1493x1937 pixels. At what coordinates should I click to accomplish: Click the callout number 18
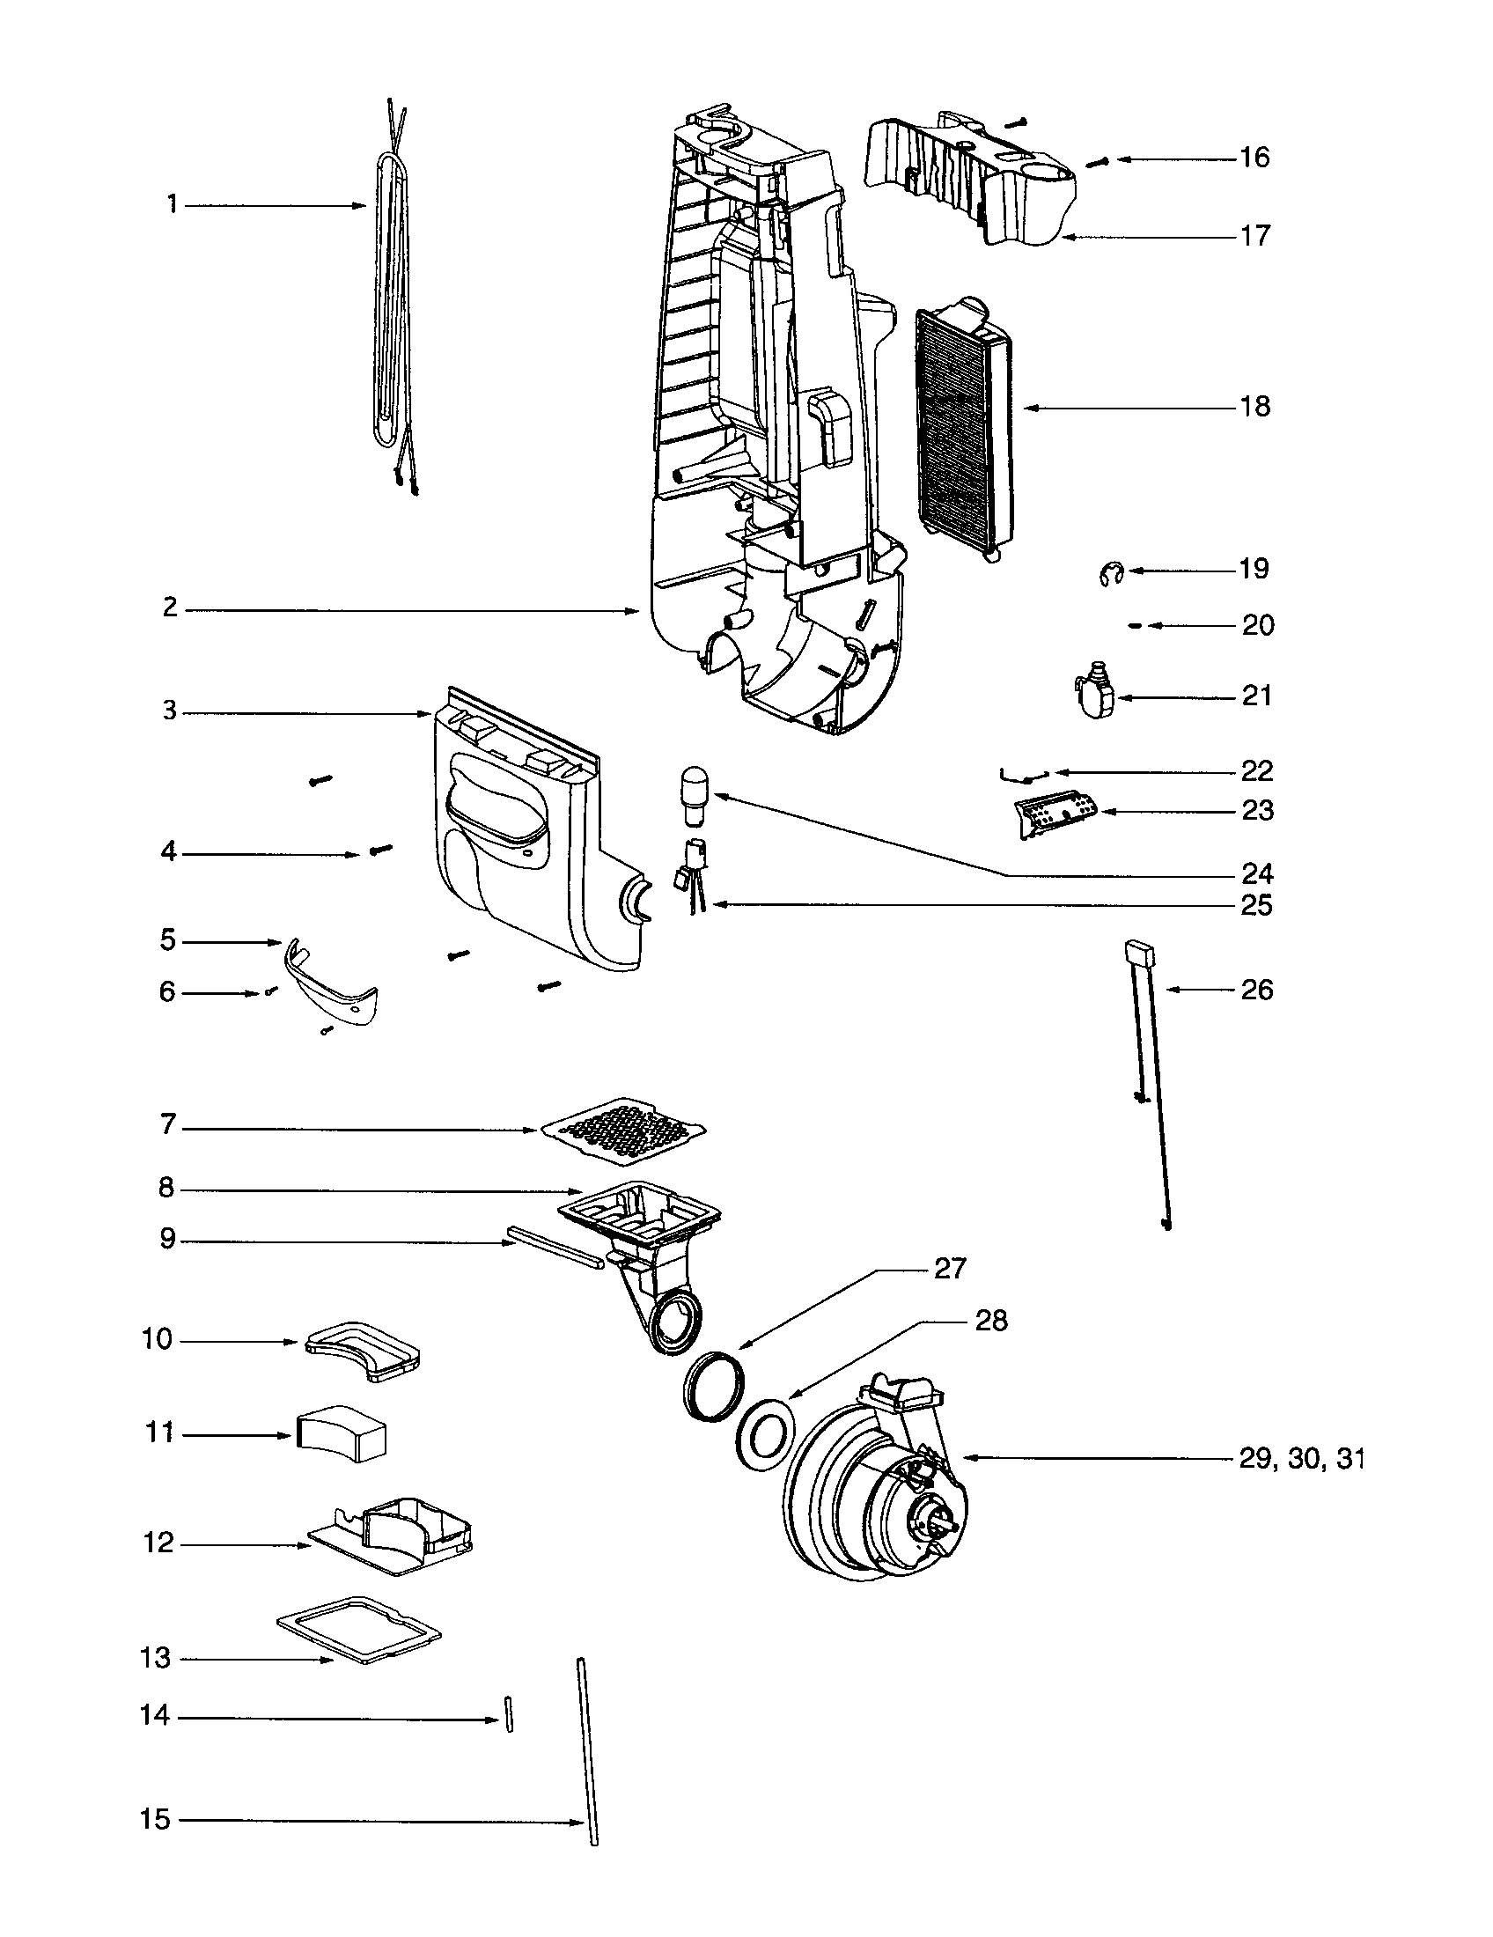[x=1254, y=407]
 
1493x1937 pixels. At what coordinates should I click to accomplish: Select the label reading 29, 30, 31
[x=1300, y=1459]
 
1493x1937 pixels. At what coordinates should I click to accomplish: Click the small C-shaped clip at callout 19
[x=1108, y=574]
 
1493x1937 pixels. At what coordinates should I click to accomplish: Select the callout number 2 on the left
[x=170, y=608]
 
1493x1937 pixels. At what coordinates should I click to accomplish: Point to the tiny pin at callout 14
[x=509, y=1712]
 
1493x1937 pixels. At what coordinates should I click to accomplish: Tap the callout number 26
[x=1256, y=990]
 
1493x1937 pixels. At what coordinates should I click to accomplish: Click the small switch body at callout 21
[x=1096, y=696]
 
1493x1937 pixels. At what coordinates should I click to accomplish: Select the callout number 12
[x=158, y=1543]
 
